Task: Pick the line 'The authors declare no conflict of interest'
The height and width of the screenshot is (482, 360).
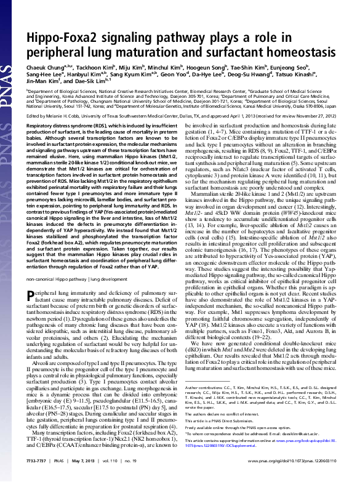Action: (x=225, y=430)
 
